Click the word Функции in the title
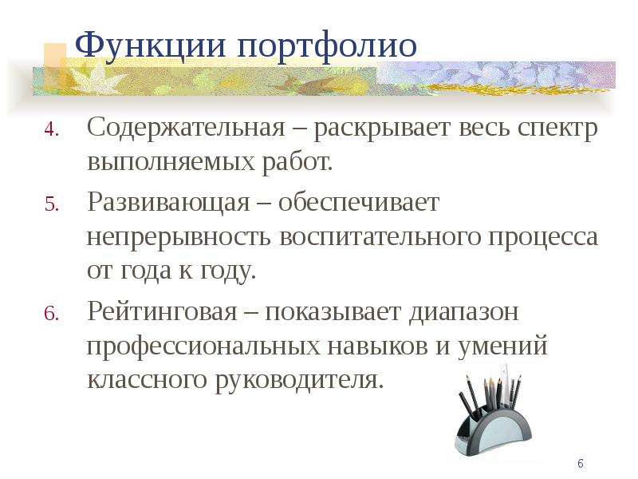150,46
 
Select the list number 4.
52,129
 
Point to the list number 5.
52,204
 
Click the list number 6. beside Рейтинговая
52,314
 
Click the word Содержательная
186,127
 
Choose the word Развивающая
168,203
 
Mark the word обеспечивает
359,201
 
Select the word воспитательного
380,236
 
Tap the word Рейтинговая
162,311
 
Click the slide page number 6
581,464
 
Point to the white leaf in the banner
94,79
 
